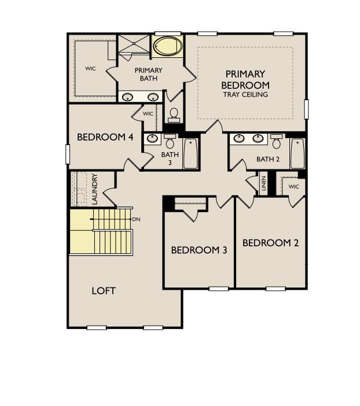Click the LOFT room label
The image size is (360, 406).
click(104, 291)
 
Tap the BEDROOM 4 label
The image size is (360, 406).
click(105, 137)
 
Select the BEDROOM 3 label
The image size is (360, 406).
click(199, 250)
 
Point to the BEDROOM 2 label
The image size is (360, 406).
click(271, 243)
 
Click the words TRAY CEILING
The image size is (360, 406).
click(245, 94)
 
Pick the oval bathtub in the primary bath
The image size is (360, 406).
click(167, 46)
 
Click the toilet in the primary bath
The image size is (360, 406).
click(174, 115)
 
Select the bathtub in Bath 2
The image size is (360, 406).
click(297, 153)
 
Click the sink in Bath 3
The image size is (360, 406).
click(152, 139)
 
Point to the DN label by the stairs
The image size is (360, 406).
click(137, 219)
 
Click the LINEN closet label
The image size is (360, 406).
click(263, 183)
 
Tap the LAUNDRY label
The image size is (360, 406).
click(95, 189)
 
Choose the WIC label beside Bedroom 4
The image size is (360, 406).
click(148, 114)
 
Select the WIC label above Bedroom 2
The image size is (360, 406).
click(293, 186)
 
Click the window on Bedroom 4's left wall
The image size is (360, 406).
click(68, 154)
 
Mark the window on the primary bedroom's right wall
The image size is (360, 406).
click(306, 109)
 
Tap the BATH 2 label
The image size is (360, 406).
click(268, 159)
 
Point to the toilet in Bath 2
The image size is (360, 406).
click(276, 141)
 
